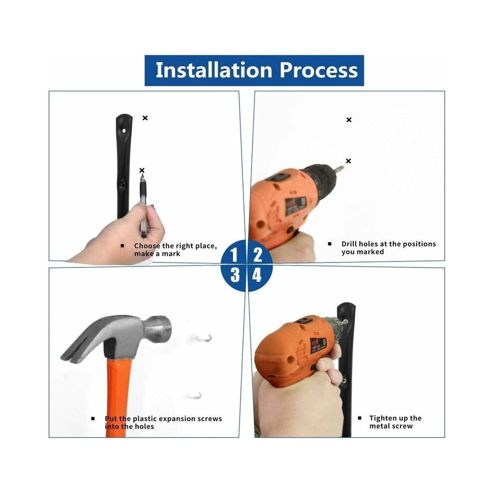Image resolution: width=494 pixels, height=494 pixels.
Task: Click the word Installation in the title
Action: (x=214, y=70)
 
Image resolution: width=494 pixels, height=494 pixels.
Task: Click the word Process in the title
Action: (x=319, y=70)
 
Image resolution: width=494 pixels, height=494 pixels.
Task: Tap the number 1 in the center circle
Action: (x=234, y=255)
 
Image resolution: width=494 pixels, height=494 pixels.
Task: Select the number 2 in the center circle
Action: (x=257, y=255)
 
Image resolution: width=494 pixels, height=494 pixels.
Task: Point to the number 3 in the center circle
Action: (x=235, y=275)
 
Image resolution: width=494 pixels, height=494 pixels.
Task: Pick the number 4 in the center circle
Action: (x=257, y=275)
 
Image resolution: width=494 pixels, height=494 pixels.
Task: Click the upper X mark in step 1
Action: (x=145, y=118)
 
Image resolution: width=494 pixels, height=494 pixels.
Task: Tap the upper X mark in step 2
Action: (x=349, y=120)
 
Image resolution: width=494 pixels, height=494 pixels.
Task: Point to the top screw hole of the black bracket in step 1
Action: (x=124, y=130)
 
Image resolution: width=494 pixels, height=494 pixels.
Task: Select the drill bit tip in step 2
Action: (x=341, y=167)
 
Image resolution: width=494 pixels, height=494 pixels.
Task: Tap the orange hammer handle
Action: (x=118, y=398)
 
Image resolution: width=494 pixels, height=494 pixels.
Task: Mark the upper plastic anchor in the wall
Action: (x=204, y=338)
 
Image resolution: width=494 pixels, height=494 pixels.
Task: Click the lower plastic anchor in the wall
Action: (x=195, y=395)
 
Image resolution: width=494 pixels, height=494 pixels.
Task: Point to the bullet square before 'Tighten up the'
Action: (x=359, y=418)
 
